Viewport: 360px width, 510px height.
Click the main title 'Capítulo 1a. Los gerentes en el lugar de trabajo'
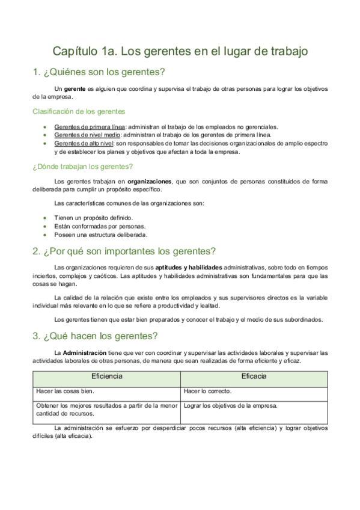[180, 51]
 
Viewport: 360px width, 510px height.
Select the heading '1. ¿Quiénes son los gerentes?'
[99, 73]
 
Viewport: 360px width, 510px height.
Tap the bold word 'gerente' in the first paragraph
[75, 89]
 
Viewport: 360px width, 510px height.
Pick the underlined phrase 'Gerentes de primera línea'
[90, 127]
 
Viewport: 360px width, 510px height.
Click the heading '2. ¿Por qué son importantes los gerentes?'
[124, 251]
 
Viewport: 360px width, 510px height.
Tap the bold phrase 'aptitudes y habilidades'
[189, 267]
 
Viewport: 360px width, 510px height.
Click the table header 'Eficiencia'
[106, 376]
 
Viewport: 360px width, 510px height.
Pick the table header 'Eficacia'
[254, 376]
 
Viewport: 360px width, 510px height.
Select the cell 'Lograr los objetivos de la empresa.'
[231, 405]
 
